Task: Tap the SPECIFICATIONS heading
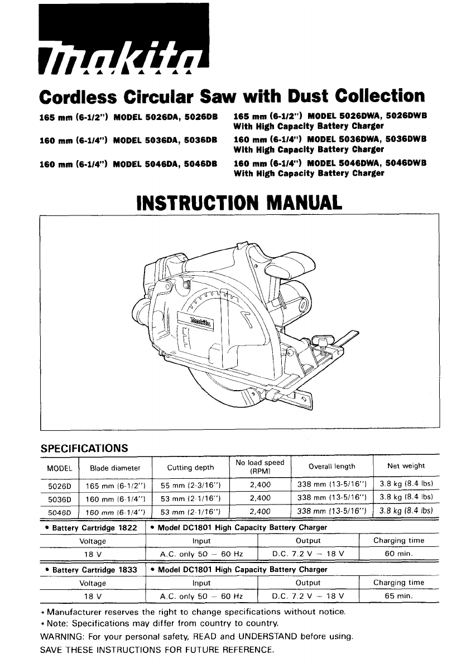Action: click(85, 448)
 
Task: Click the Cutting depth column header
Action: click(190, 467)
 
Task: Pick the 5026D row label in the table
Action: click(59, 485)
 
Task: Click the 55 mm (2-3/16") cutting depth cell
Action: click(190, 485)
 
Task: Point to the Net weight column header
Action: click(406, 466)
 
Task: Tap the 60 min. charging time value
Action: click(399, 554)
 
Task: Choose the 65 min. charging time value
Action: click(399, 596)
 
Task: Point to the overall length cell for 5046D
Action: click(331, 511)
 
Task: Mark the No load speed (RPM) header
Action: click(260, 467)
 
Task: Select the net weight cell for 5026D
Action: click(406, 484)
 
